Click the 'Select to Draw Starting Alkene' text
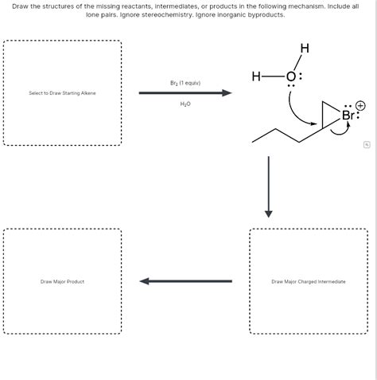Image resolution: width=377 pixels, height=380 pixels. tap(62, 93)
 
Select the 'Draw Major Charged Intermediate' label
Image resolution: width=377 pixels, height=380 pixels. tap(309, 281)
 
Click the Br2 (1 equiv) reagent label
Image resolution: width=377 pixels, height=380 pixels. tap(185, 83)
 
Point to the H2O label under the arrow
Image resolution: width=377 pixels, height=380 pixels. tap(185, 104)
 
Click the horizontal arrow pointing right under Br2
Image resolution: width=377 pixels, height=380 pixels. tap(185, 93)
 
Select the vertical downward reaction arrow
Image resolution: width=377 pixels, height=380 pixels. tap(268, 185)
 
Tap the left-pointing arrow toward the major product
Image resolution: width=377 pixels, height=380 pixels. tap(185, 280)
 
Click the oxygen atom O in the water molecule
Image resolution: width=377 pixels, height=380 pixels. tap(290, 77)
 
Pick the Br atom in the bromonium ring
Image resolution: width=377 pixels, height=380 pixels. tap(348, 116)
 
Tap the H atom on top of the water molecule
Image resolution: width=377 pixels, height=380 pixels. tap(304, 49)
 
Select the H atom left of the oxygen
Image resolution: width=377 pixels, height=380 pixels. tap(255, 77)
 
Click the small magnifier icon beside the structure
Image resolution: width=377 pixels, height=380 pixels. tap(366, 144)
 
